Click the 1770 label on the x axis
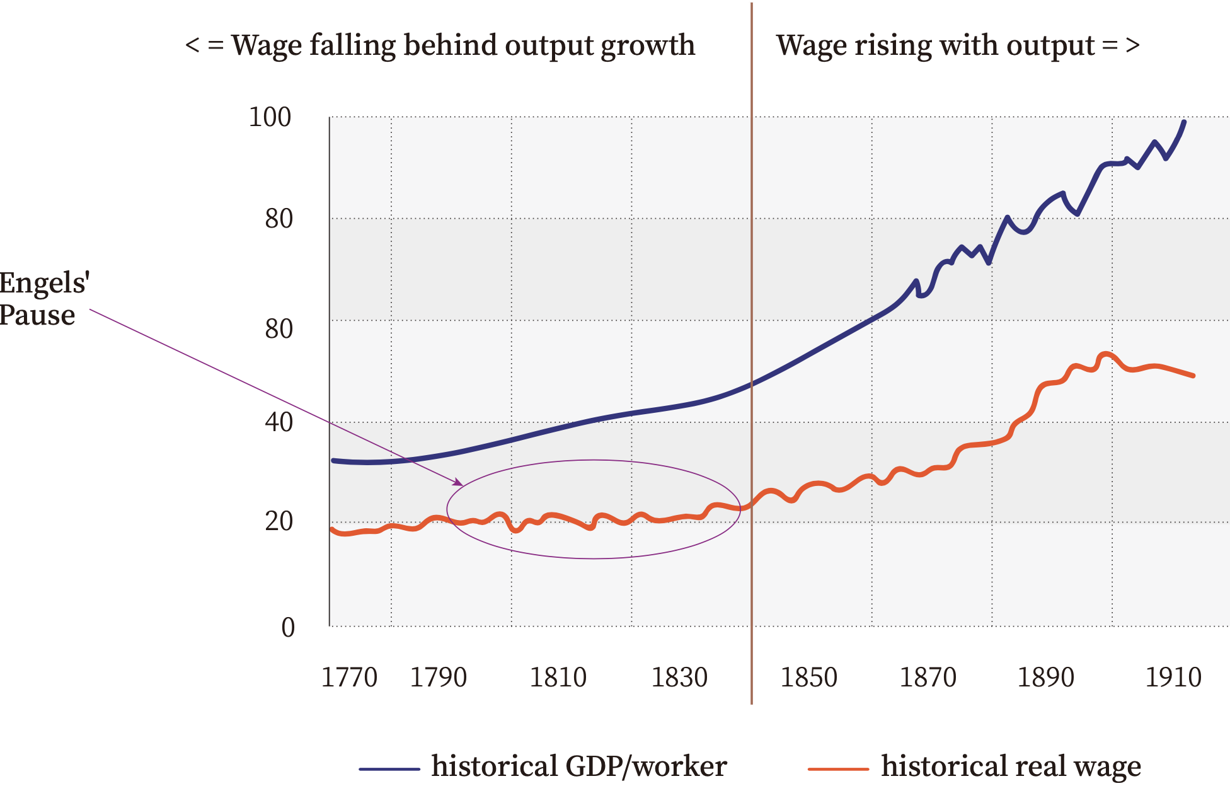point(349,678)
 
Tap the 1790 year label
point(439,678)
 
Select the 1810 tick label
point(558,678)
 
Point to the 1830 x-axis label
point(679,678)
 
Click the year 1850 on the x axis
point(809,678)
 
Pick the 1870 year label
point(928,678)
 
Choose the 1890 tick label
point(1046,678)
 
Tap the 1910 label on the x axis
point(1173,678)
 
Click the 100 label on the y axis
point(270,117)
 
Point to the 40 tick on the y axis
point(279,422)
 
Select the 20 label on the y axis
point(279,522)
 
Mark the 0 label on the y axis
point(288,628)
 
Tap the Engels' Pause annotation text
point(44,299)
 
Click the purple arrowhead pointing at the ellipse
point(459,483)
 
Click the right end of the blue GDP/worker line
point(1184,122)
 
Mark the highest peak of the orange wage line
point(1106,354)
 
